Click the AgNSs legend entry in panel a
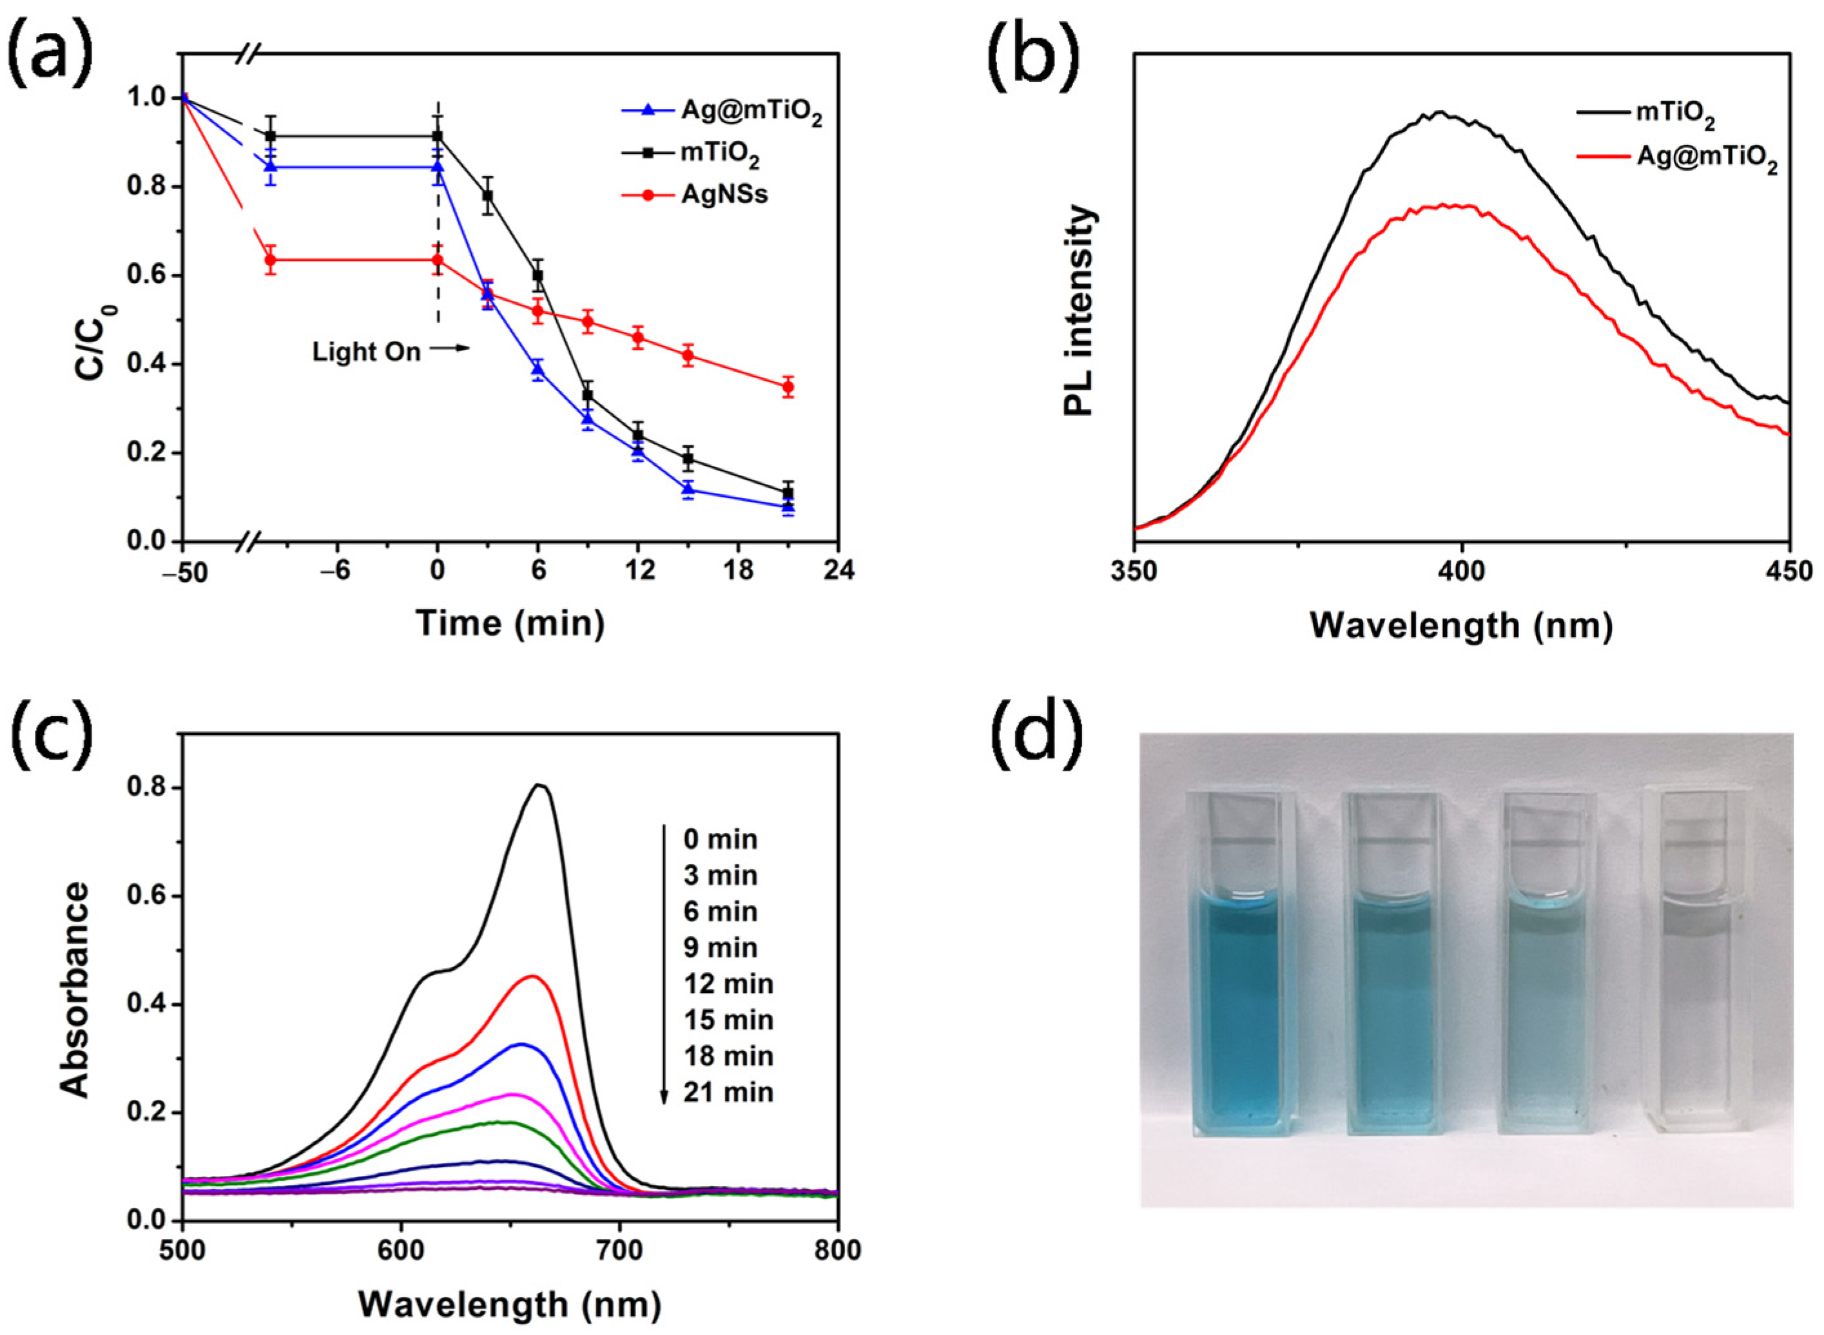pos(724,194)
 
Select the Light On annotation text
pos(367,352)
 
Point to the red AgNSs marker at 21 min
pos(788,387)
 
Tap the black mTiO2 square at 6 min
pos(538,276)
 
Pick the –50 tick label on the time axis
pos(184,574)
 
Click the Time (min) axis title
pos(510,624)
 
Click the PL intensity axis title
pos(1080,311)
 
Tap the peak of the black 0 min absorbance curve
pos(541,784)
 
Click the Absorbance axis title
pos(77,990)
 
